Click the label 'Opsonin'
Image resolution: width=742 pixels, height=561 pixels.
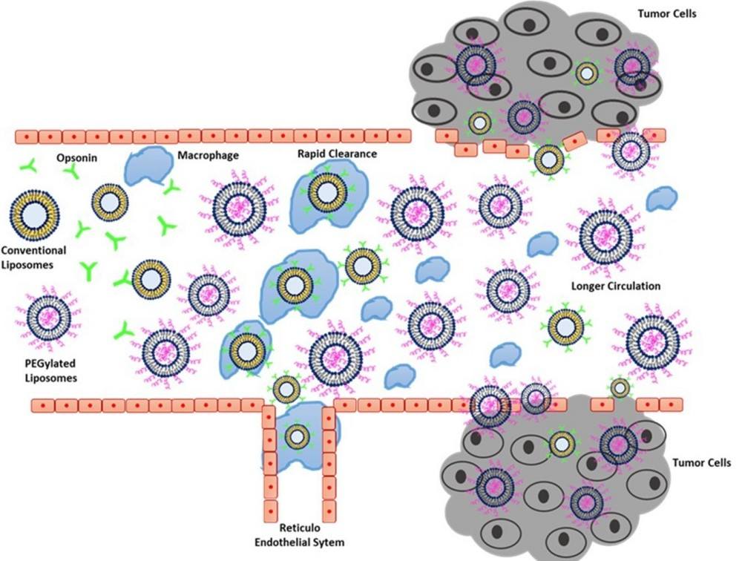coord(76,157)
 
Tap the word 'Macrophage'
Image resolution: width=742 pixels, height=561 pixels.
coord(209,155)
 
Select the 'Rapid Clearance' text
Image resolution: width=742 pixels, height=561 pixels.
coord(337,154)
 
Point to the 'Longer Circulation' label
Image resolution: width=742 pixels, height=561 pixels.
coord(616,286)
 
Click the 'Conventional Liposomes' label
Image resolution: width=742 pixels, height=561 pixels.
coord(33,257)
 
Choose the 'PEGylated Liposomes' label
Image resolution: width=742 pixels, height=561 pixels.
coord(50,371)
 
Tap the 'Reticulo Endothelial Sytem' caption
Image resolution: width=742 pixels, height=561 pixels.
coord(300,535)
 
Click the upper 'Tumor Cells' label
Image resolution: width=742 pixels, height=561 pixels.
coord(667,13)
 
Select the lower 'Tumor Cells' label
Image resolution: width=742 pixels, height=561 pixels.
coord(701,462)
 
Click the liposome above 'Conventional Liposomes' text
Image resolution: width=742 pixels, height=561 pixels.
coord(35,216)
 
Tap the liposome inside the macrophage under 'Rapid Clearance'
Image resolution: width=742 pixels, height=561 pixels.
coord(327,192)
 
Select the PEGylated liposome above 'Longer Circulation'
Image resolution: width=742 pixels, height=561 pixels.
coord(605,236)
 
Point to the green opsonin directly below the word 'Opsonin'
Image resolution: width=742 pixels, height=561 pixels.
coord(73,172)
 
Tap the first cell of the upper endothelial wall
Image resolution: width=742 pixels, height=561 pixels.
coord(27,137)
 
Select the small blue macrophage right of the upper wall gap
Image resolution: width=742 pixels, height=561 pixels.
coord(662,199)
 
